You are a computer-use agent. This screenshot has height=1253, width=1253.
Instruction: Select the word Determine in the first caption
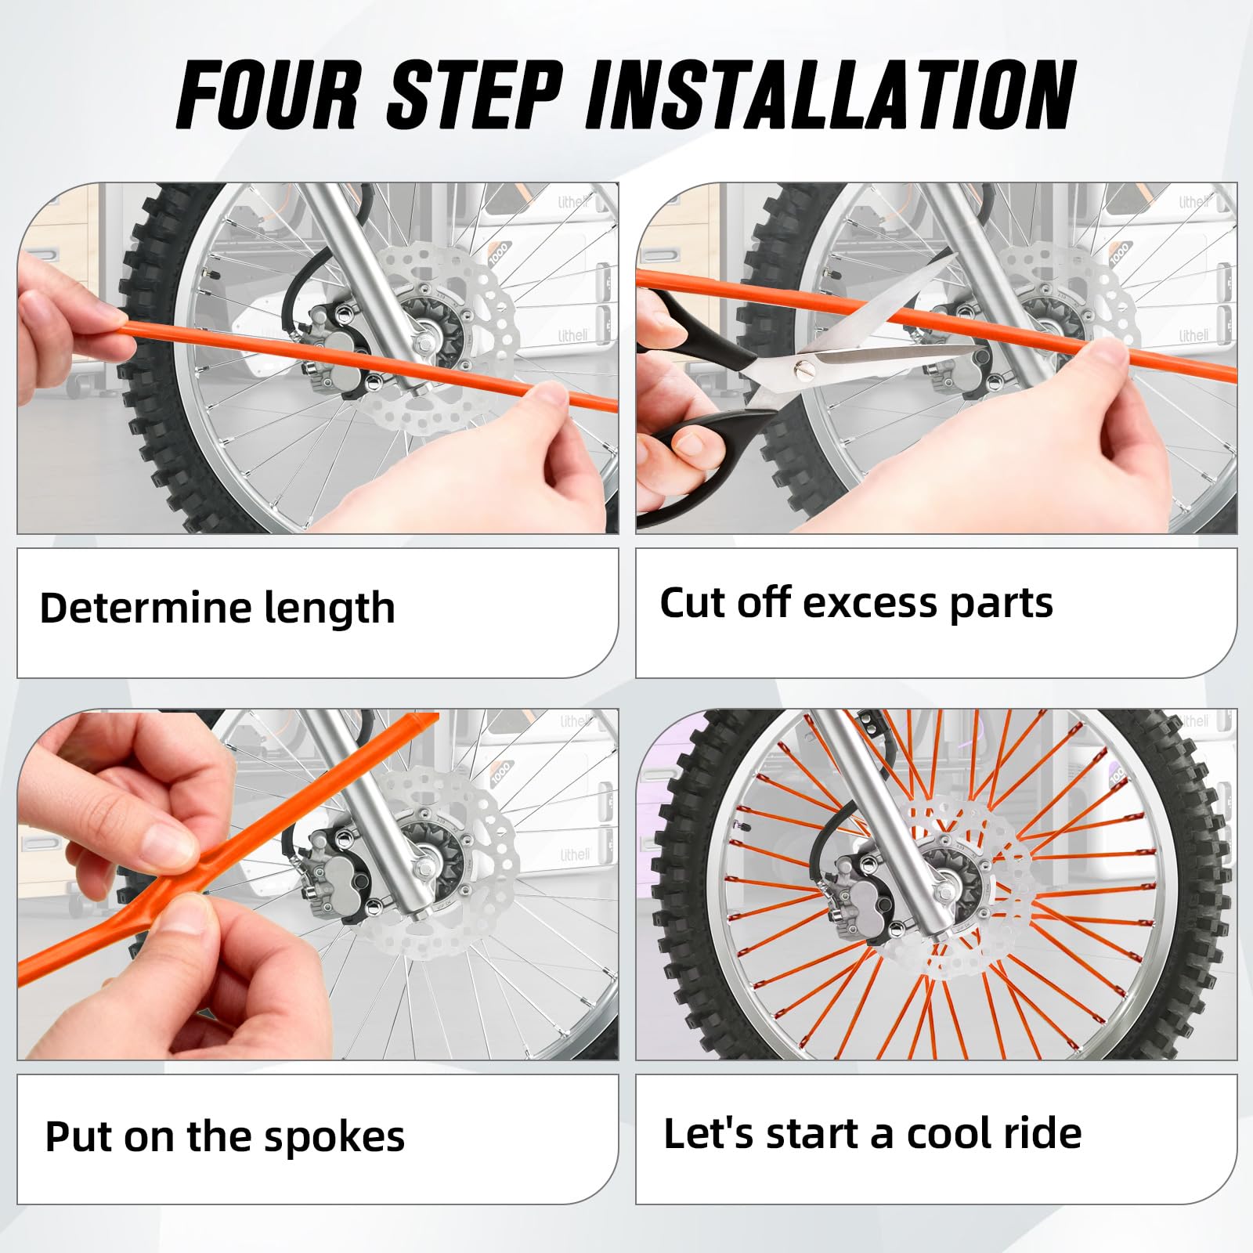(141, 608)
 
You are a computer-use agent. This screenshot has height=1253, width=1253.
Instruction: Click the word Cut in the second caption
(692, 603)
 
